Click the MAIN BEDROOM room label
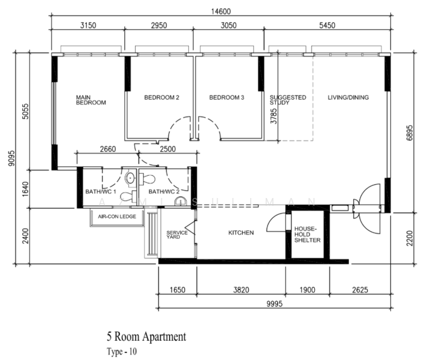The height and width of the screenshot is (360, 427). coord(91,100)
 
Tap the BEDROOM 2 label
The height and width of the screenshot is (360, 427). coord(162,97)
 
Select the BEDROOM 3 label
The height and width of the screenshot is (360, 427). coord(227,97)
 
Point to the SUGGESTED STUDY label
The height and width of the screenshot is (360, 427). coord(288,100)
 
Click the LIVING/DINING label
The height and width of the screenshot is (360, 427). coord(348,97)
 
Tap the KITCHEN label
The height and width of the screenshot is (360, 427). coord(241,232)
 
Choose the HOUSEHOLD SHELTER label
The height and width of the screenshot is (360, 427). coord(308,235)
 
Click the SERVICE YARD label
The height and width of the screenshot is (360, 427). coord(177,235)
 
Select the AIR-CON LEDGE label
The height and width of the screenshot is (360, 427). coord(117,217)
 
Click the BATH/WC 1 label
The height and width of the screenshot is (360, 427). coord(101,191)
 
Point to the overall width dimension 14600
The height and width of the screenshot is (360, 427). coord(221,11)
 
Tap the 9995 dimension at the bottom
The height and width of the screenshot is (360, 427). coord(275,304)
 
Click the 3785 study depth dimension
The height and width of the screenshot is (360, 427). coord(273,116)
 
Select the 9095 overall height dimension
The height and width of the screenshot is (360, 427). coord(12,158)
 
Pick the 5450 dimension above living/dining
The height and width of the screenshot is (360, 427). coord(327,25)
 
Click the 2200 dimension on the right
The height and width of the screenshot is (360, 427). coord(410,238)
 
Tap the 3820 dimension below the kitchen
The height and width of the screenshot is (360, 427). coord(241,290)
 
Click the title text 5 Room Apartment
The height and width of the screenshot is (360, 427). coord(146,337)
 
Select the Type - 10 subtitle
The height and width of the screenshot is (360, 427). coord(122,352)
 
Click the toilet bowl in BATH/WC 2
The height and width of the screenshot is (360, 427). coord(147,179)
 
